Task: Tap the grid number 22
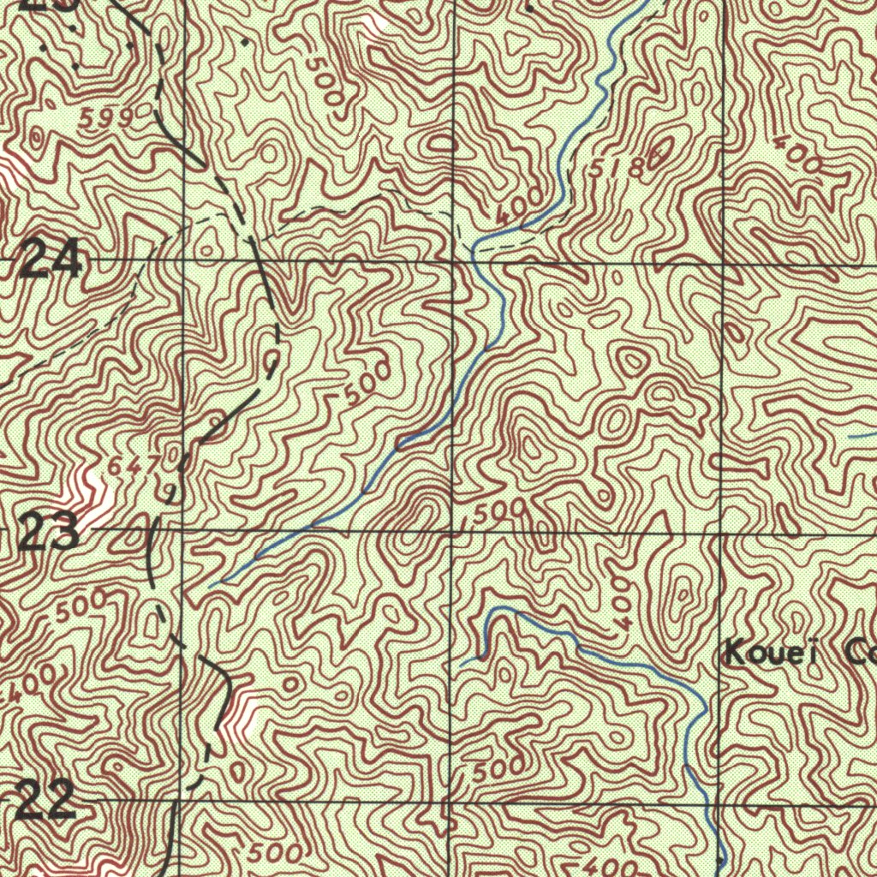46,802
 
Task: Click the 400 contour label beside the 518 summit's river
519,206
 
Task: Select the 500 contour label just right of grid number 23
81,606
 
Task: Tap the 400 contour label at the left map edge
26,684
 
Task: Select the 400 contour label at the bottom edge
609,865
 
